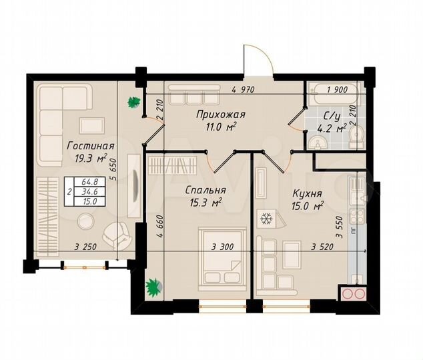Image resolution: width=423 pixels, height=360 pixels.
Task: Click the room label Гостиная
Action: [x=90, y=146]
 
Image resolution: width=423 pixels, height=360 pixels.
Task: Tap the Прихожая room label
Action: [x=216, y=114]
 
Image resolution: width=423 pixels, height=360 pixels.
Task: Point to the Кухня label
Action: [x=308, y=193]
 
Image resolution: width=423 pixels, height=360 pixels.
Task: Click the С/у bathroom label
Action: [x=323, y=115]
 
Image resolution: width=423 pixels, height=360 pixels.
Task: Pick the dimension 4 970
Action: [x=244, y=89]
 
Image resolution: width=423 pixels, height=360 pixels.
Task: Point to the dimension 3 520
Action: [x=324, y=246]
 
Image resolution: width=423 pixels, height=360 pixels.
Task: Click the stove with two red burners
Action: [x=354, y=294]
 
